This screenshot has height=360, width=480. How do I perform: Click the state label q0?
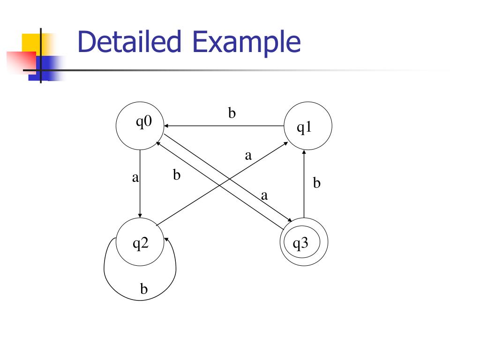point(144,122)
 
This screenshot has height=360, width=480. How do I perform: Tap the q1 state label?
point(305,128)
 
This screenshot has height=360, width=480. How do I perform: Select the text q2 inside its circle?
point(140,243)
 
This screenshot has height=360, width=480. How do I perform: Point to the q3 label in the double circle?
point(300,243)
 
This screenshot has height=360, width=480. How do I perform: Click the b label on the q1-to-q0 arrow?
point(232,114)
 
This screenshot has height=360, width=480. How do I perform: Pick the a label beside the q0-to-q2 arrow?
point(135,178)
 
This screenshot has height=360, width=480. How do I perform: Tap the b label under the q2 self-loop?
point(144,289)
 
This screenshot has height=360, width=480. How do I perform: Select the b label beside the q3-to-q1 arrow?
point(317,183)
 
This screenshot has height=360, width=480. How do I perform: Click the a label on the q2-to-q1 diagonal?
point(248,156)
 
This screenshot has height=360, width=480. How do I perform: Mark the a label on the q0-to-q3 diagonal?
point(264,196)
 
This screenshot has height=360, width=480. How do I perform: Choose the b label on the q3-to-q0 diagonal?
point(177,175)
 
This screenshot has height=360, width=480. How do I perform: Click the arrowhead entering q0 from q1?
point(166,126)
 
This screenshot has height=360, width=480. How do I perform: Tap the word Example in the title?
point(246,42)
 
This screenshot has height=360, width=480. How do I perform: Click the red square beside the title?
point(21,62)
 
